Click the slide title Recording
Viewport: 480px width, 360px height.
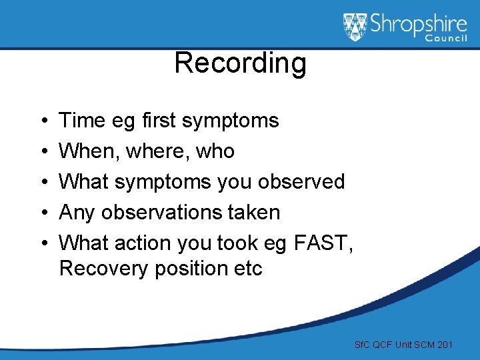240,63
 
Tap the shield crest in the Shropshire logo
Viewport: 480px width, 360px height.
355,27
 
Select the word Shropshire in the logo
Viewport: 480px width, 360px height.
418,25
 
